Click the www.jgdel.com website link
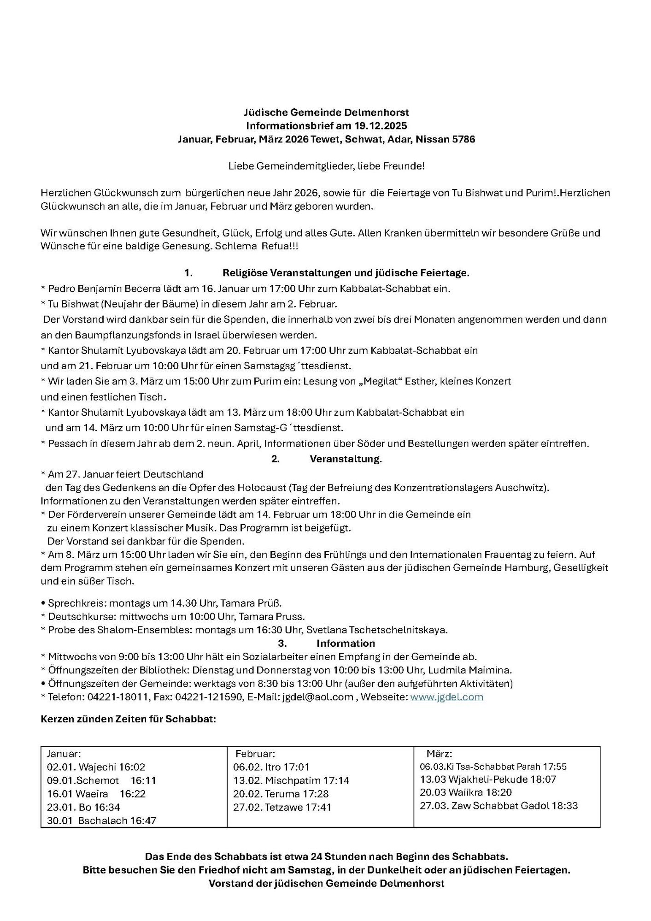(446, 697)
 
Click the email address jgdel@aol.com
(317, 697)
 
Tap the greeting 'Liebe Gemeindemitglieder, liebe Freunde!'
(326, 166)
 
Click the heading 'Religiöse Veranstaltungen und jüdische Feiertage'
(346, 273)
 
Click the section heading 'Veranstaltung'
(345, 459)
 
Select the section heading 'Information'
(346, 643)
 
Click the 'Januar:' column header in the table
(64, 754)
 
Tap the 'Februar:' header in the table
(255, 754)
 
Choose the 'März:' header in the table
(439, 754)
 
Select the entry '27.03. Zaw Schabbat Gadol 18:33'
(499, 806)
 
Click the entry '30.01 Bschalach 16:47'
(101, 821)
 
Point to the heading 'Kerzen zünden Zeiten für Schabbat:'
(129, 719)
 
